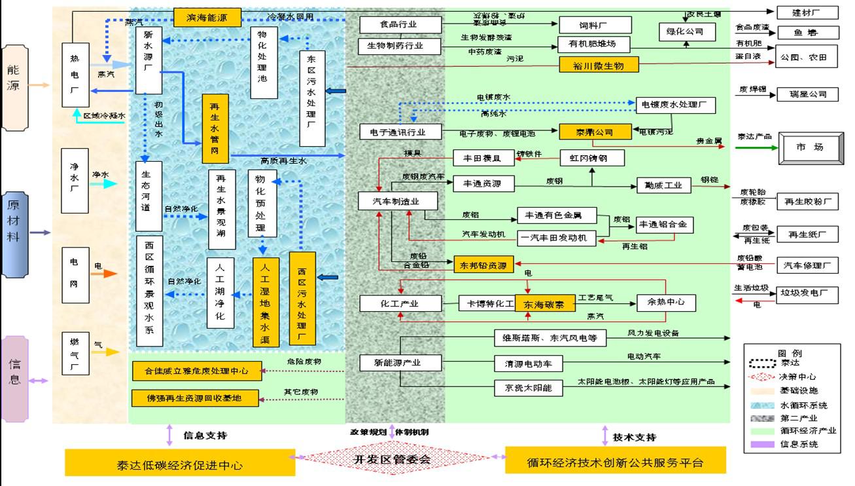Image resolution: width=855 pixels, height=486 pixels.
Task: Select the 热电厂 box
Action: (x=75, y=75)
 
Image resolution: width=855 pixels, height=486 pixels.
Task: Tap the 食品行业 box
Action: (x=400, y=25)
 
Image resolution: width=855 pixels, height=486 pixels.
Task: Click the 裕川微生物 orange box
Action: (x=600, y=65)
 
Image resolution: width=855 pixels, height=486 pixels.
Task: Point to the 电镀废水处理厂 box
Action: (x=675, y=105)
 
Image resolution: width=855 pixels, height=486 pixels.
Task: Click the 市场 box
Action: (x=809, y=148)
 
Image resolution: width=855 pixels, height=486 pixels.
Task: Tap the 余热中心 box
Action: (x=666, y=303)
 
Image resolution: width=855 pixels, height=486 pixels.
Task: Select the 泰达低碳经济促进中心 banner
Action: (x=180, y=464)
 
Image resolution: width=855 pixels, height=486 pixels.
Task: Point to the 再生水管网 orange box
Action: (x=215, y=128)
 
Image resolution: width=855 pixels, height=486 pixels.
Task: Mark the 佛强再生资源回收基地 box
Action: (x=196, y=398)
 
